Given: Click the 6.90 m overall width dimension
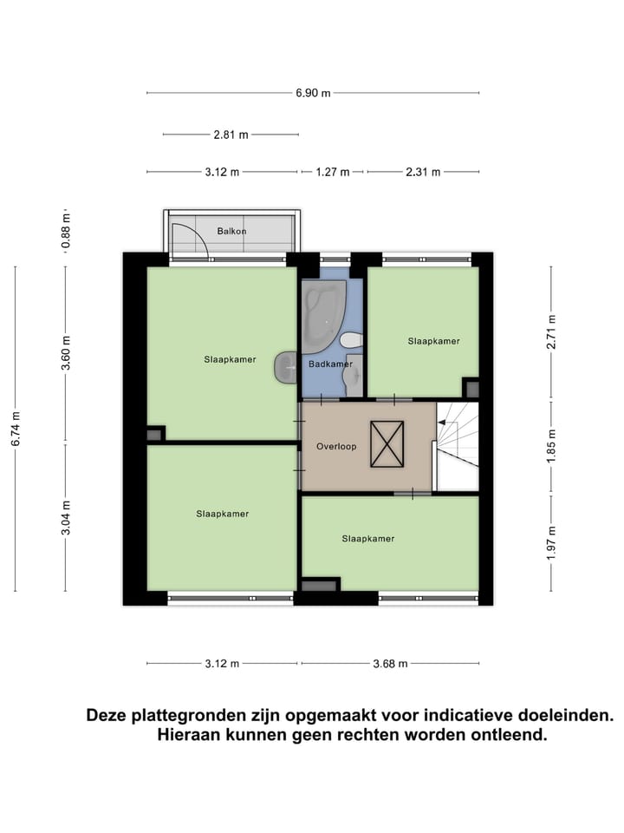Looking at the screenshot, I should [313, 93].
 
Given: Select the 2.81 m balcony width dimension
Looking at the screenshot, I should [231, 134].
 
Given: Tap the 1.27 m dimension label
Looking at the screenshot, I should [333, 172].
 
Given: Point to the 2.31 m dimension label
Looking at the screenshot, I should [423, 172].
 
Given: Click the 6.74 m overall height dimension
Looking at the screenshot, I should [16, 427].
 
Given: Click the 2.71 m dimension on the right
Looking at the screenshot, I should [552, 331].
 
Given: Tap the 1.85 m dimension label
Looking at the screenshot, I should [552, 443].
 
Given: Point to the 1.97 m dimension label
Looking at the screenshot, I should [552, 541].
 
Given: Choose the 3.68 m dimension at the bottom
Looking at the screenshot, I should [389, 664].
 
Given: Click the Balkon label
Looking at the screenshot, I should [231, 231].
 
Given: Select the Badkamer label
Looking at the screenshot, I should [330, 364].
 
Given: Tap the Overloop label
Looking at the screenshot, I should [336, 447].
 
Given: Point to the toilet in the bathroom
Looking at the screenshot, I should [352, 339].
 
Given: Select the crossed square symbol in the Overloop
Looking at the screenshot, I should [387, 443].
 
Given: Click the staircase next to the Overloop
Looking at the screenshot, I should [457, 445].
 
